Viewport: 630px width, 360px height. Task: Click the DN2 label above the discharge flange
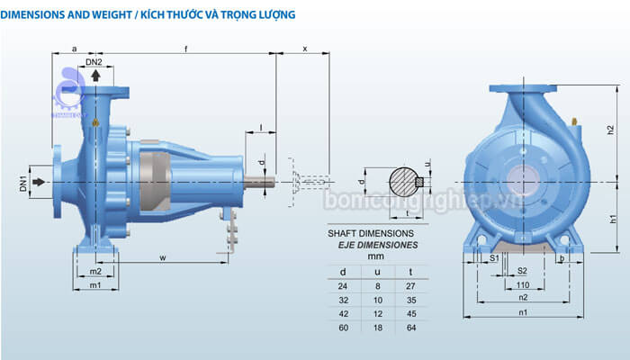coord(94,62)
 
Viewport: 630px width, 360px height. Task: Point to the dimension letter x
coord(304,48)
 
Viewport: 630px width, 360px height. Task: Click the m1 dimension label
coord(94,285)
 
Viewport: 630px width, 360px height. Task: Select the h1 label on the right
coord(610,220)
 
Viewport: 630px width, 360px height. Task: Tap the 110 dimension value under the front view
coord(522,283)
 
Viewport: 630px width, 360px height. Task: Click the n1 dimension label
coord(522,311)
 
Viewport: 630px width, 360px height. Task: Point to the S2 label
coord(522,270)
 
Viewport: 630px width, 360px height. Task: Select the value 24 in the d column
coord(342,284)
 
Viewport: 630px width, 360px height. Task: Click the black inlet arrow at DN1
coord(37,183)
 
